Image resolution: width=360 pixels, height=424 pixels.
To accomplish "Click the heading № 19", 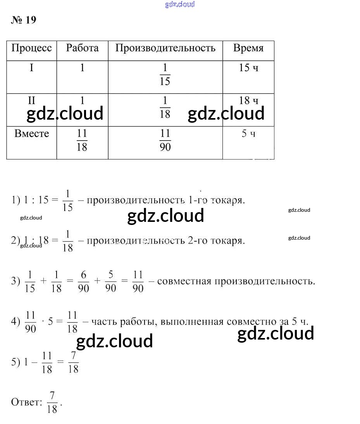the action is click(24, 20).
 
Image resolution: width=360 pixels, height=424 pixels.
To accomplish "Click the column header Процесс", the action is click(31, 48).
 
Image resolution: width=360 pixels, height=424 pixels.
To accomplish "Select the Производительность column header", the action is click(165, 48).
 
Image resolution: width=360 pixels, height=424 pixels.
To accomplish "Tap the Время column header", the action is click(248, 48).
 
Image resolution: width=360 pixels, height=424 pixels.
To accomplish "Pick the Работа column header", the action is click(82, 48).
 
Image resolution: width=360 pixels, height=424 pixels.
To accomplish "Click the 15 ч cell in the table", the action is click(248, 68).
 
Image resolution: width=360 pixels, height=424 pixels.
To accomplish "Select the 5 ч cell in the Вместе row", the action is click(248, 134).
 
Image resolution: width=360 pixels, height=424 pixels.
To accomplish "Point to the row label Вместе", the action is click(32, 134).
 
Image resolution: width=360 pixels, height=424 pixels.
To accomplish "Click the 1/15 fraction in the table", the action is click(165, 75).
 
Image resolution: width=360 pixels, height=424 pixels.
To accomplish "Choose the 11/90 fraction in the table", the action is click(165, 140).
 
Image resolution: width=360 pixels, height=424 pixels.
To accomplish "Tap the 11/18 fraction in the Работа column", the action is click(82, 140).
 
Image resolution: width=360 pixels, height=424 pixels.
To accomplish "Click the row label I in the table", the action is click(31, 68).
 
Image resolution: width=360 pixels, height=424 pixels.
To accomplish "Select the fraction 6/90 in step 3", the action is click(83, 282).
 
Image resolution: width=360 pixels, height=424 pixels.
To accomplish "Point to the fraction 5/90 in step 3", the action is click(110, 282).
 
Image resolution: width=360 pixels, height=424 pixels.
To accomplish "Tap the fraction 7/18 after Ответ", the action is click(52, 402).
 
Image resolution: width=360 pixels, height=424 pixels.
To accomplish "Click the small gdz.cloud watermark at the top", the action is click(180, 5).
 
